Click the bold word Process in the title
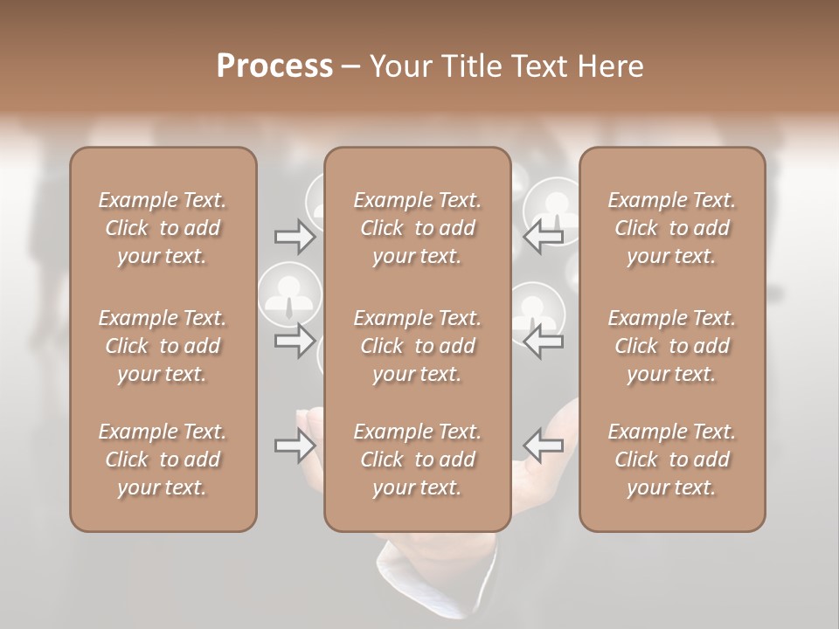pyautogui.click(x=274, y=66)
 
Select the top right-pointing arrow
pyautogui.click(x=295, y=236)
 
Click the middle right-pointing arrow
pyautogui.click(x=295, y=341)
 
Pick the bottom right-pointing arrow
pyautogui.click(x=295, y=446)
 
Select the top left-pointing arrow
pyautogui.click(x=544, y=236)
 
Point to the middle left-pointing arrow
pyautogui.click(x=544, y=341)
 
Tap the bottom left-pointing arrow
pyautogui.click(x=544, y=446)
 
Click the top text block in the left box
pyautogui.click(x=163, y=228)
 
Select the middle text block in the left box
pyautogui.click(x=163, y=346)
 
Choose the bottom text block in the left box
pyautogui.click(x=163, y=460)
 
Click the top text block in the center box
pyautogui.click(x=417, y=228)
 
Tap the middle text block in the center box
pyautogui.click(x=417, y=346)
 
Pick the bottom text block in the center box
pyautogui.click(x=417, y=460)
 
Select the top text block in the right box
pyautogui.click(x=672, y=228)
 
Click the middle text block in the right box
pyautogui.click(x=672, y=346)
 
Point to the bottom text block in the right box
pyautogui.click(x=672, y=460)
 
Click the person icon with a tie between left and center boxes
pyautogui.click(x=288, y=294)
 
